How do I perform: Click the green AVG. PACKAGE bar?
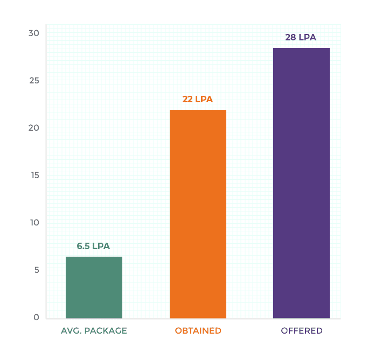click(94, 287)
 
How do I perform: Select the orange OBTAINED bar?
click(198, 214)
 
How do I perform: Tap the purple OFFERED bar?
click(301, 183)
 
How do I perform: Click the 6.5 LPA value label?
click(93, 246)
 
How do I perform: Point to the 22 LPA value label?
click(198, 100)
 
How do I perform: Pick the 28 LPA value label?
click(301, 38)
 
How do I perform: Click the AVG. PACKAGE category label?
click(94, 330)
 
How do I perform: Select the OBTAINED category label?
click(198, 330)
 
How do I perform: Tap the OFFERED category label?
click(301, 330)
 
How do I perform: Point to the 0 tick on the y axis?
click(36, 317)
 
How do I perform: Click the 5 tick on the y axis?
click(36, 270)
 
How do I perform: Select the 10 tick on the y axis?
click(34, 222)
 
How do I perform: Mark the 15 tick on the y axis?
click(34, 175)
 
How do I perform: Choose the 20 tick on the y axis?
click(34, 128)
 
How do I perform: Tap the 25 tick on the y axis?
click(34, 80)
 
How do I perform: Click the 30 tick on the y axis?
click(34, 33)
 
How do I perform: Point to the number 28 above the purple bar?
click(291, 38)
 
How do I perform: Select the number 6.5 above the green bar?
click(84, 246)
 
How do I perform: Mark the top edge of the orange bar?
click(198, 110)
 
